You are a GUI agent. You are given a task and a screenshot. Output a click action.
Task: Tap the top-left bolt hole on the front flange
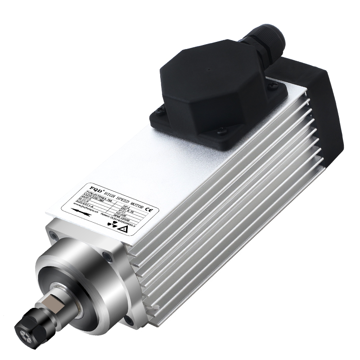(x=54, y=234)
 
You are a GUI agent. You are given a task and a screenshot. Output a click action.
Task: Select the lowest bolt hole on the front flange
(x=129, y=320)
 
